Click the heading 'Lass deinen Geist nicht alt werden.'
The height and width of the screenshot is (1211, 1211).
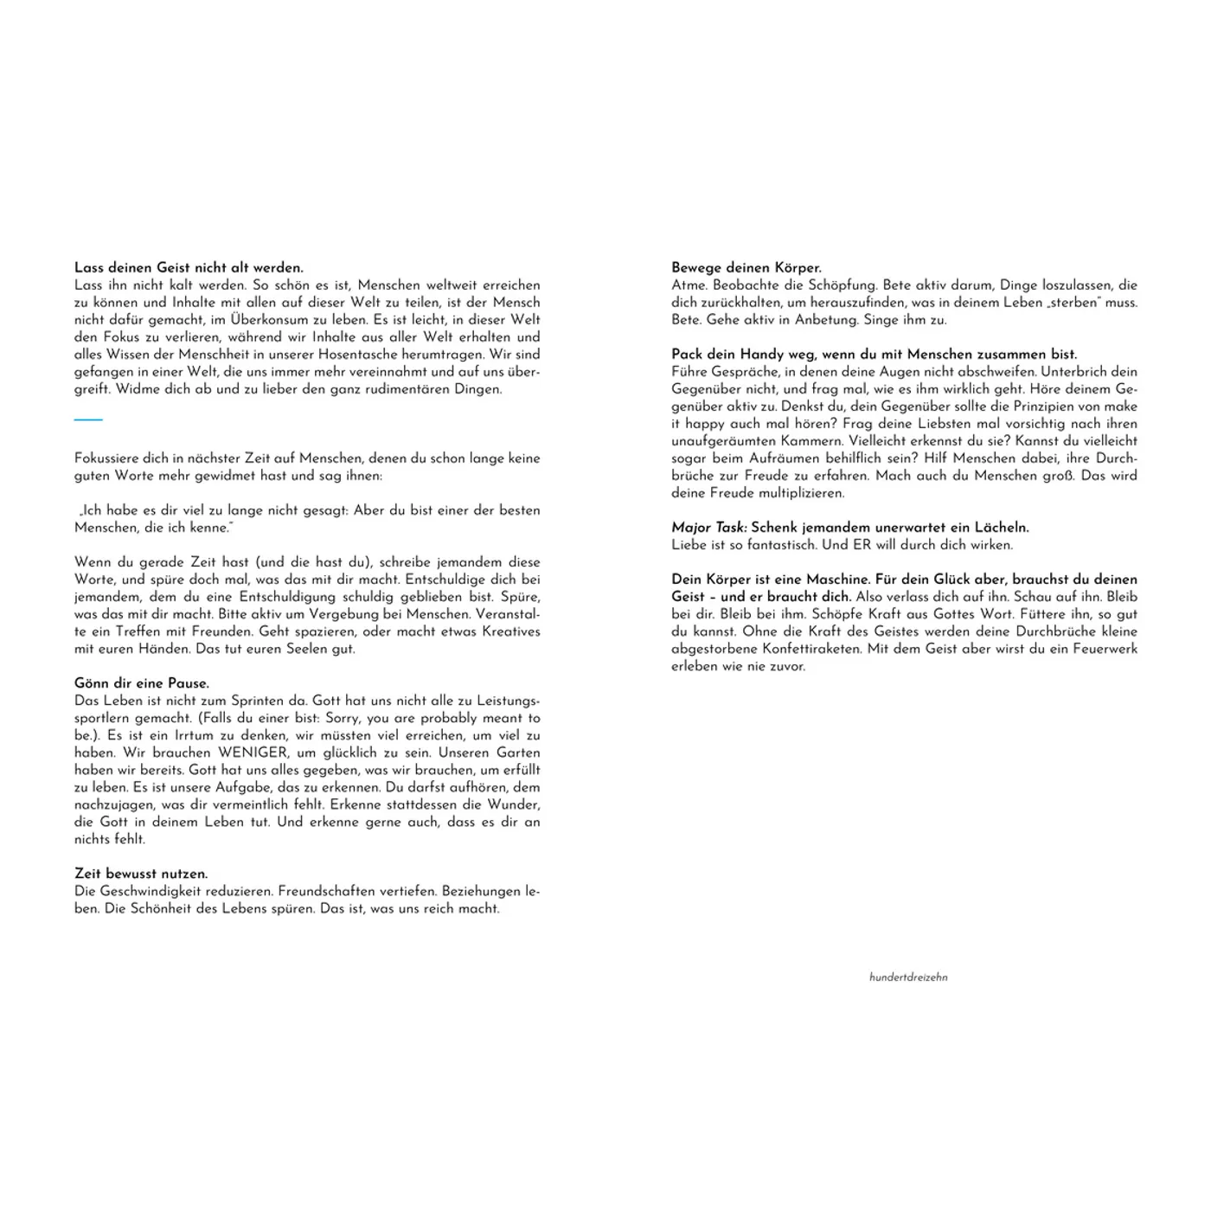point(189,268)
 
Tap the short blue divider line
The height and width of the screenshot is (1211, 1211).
point(88,420)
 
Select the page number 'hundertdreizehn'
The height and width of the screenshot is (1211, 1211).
point(908,977)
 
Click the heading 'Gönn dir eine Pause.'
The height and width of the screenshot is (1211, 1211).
point(142,683)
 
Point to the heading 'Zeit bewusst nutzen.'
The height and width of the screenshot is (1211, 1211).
point(141,874)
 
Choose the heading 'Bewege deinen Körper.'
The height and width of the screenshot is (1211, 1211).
point(746,268)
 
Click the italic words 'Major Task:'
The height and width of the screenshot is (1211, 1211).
point(709,528)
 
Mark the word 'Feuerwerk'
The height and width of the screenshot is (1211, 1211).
point(1101,649)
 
